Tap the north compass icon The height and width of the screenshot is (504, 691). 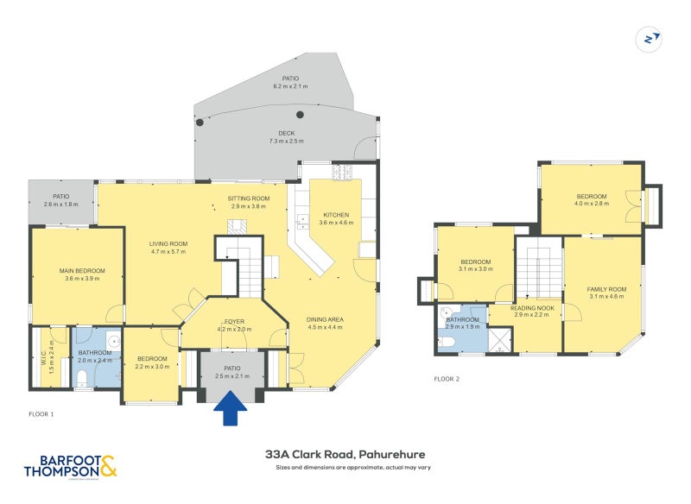(648, 39)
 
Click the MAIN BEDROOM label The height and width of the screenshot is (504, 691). (82, 271)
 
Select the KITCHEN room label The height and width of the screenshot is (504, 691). (336, 215)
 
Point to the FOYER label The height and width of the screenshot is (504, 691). (234, 321)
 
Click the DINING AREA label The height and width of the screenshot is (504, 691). (325, 319)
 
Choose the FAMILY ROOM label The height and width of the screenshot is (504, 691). (606, 289)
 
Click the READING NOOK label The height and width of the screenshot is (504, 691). (532, 307)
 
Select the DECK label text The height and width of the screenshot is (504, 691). (287, 133)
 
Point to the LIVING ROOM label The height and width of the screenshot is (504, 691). (168, 243)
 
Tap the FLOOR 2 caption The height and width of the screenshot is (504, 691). (447, 378)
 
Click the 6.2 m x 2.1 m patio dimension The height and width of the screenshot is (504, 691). (290, 86)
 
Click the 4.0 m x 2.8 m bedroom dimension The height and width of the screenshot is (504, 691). (592, 204)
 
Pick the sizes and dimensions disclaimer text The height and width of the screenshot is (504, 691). (352, 468)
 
